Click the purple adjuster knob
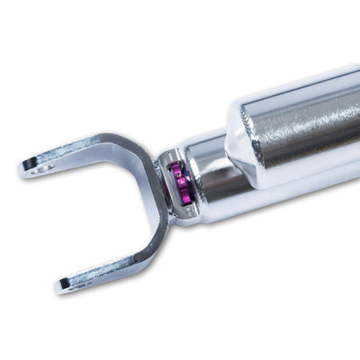pyautogui.click(x=181, y=182)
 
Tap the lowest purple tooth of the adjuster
pyautogui.click(x=182, y=199)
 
